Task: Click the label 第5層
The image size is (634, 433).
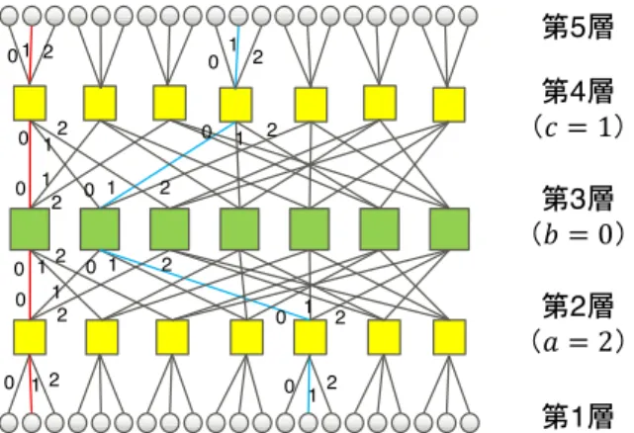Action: [x=578, y=27]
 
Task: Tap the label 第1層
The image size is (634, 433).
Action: [x=578, y=416]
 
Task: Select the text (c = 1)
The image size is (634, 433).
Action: [x=578, y=128]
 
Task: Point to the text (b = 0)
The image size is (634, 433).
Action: [x=578, y=234]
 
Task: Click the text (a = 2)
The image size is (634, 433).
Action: [x=578, y=342]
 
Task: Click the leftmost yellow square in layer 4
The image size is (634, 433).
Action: [x=30, y=103]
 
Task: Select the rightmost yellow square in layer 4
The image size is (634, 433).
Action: [x=449, y=105]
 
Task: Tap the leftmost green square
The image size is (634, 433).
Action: [x=30, y=228]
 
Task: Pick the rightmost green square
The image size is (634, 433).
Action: [x=450, y=228]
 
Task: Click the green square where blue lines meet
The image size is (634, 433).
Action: [x=100, y=228]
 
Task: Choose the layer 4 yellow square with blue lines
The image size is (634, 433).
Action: [x=235, y=105]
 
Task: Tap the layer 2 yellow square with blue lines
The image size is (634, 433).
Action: [x=310, y=337]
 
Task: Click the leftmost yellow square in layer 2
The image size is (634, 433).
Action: [x=30, y=337]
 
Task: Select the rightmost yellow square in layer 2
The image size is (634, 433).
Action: [x=449, y=337]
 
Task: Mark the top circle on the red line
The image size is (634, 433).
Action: [x=32, y=16]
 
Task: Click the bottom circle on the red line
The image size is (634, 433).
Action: [x=32, y=422]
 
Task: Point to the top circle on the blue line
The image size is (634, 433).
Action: [x=238, y=16]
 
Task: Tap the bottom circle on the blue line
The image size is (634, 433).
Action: [x=309, y=422]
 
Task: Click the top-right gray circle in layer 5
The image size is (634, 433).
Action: [x=468, y=16]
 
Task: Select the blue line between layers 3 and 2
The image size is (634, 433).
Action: [x=205, y=285]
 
